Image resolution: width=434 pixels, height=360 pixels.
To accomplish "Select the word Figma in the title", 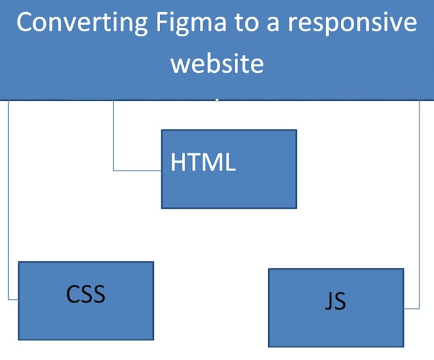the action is click(191, 23).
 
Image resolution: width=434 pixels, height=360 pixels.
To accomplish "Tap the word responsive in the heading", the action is click(352, 23).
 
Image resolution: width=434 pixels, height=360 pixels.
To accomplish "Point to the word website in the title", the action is click(217, 64).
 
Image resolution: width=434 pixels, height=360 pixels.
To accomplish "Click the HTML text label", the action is click(203, 162).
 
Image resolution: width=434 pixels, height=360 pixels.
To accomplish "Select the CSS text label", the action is click(86, 294).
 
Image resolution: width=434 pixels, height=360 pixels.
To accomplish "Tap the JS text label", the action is click(335, 301).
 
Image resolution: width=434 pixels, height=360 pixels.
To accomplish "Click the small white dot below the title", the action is click(217, 100).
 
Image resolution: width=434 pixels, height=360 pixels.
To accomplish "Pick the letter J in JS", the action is click(328, 301).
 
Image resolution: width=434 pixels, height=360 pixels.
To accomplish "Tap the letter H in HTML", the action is click(178, 162).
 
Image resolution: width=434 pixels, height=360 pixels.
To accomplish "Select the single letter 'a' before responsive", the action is click(273, 24).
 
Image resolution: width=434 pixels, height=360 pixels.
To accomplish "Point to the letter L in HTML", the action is click(230, 162).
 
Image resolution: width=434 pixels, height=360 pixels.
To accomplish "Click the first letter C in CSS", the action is click(73, 294).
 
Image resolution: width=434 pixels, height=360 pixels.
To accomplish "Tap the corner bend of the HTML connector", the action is click(113, 170).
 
